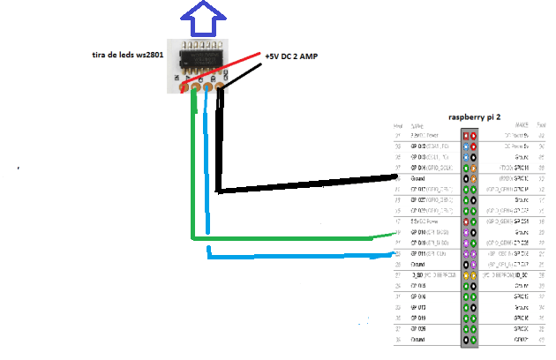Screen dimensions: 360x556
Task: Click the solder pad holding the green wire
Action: point(194,86)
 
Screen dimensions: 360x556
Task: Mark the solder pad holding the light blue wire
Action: point(207,86)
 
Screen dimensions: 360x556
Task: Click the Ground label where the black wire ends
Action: point(418,178)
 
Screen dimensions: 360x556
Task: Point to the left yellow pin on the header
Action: point(465,274)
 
